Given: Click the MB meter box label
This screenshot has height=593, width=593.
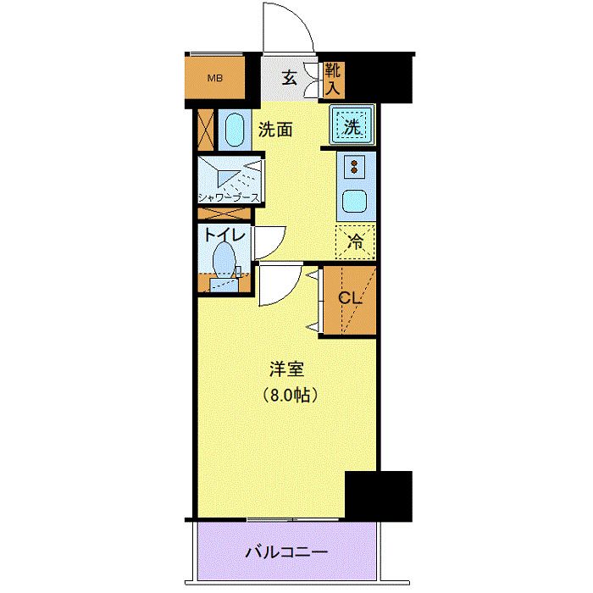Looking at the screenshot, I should [216, 80].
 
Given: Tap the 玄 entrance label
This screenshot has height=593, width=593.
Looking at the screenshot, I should [289, 79].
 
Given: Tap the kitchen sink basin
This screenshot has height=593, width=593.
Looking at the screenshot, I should [352, 202].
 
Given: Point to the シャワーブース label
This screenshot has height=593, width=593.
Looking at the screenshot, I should [229, 198].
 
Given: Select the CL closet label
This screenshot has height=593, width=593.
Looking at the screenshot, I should [350, 299].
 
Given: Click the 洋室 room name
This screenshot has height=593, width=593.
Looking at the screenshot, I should [287, 369].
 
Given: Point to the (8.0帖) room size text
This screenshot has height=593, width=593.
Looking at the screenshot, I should [288, 395].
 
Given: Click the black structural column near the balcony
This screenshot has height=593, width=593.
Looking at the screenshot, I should [379, 496].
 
